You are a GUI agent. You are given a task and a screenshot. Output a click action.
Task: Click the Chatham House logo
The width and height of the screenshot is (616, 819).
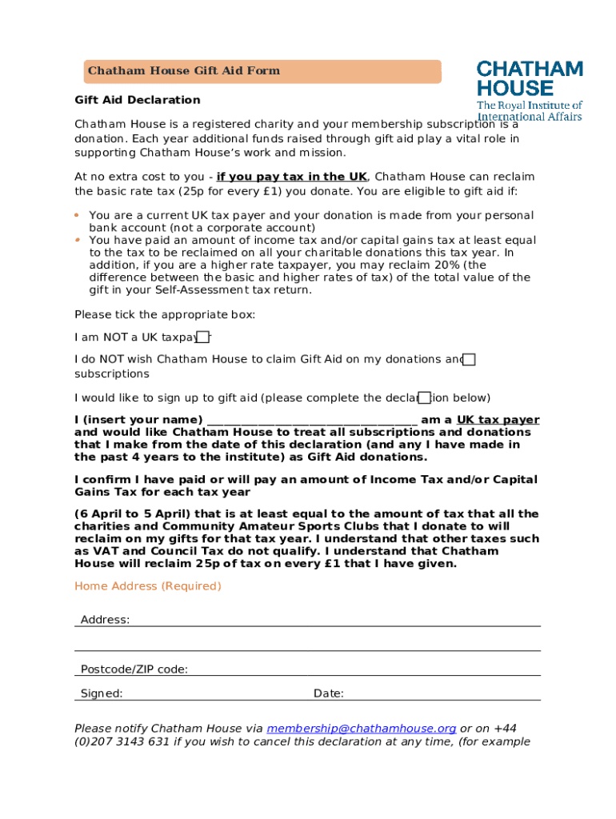530,90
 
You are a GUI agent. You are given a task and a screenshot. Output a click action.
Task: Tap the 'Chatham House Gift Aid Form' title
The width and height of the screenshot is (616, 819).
184,70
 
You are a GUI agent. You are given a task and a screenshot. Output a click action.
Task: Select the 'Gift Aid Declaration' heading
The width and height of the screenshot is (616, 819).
138,100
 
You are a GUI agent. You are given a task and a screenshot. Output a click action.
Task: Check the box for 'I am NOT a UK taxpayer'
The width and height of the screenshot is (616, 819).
204,337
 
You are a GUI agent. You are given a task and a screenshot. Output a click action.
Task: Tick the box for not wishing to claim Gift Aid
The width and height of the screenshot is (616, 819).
470,359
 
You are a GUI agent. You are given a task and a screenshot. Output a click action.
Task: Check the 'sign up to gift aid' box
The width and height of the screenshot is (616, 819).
425,398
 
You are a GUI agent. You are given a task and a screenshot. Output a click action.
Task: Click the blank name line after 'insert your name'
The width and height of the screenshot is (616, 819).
311,420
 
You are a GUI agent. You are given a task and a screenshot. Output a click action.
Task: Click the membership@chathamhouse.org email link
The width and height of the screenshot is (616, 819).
361,729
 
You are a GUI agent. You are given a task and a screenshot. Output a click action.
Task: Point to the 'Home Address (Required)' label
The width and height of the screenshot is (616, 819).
148,586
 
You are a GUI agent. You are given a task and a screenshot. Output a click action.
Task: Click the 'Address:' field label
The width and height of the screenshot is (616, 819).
105,620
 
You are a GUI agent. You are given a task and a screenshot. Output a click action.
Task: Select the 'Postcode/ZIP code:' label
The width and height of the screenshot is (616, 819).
134,669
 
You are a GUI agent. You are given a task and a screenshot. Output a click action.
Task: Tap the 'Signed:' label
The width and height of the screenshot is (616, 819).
102,693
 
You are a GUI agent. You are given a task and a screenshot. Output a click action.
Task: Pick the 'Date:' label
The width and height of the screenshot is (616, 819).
329,693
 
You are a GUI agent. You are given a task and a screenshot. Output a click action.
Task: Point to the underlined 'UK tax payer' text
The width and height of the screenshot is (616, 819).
498,420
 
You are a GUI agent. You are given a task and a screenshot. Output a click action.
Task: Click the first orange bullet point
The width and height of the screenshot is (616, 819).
77,215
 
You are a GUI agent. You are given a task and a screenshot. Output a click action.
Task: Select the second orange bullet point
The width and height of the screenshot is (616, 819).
77,240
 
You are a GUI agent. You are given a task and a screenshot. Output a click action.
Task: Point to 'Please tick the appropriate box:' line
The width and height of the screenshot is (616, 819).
165,314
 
